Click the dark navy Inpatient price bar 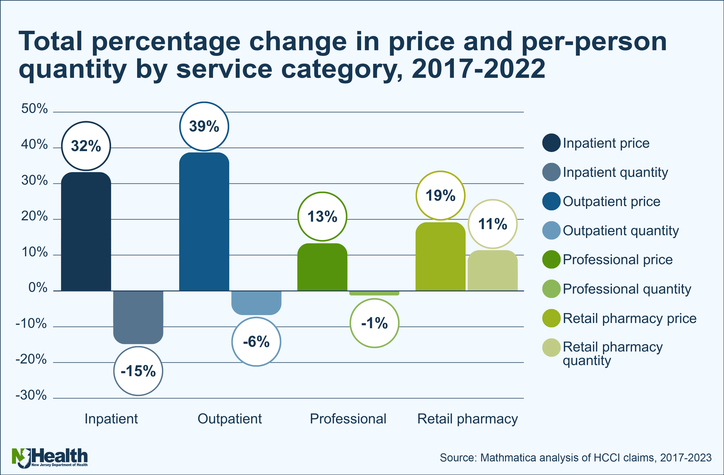coord(86,231)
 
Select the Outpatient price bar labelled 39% coord(204,221)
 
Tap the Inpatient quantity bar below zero coord(138,317)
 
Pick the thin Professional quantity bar coord(374,293)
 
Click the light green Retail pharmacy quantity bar coord(493,270)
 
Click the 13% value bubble coord(322,216)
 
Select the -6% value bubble coord(256,342)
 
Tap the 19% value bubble coord(440,195)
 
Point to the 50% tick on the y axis coord(34,109)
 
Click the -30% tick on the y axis coord(31,395)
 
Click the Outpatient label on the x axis coord(230,419)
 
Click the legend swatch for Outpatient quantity coord(551,230)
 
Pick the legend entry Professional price coord(617,260)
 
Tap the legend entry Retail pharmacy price coord(629,318)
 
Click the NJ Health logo coord(50,457)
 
